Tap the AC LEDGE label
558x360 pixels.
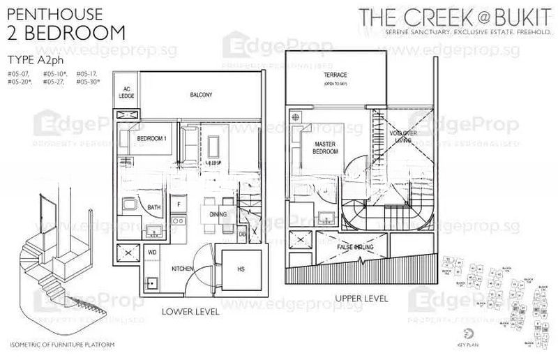tap(127, 93)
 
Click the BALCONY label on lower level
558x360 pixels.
tap(200, 94)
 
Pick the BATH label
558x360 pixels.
tap(154, 207)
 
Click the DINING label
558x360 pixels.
tap(218, 216)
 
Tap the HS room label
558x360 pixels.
tap(241, 269)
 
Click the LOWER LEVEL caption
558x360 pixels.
tap(190, 311)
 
